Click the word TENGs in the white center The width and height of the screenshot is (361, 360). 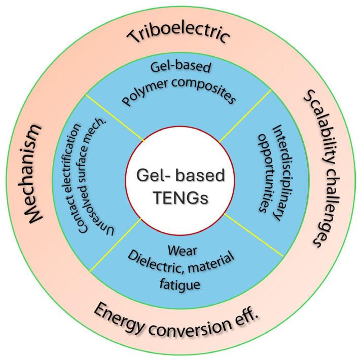tap(181, 195)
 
